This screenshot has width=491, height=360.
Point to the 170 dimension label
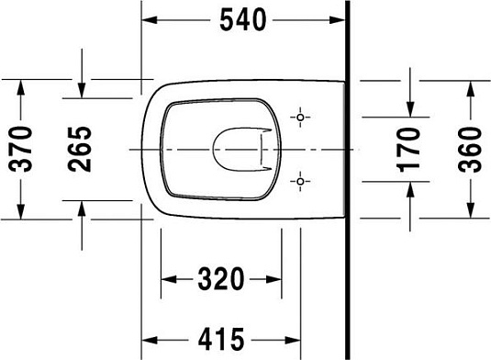410,147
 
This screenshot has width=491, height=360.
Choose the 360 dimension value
469,147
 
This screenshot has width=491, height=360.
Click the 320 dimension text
221,277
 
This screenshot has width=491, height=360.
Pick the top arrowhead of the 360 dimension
469,85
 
